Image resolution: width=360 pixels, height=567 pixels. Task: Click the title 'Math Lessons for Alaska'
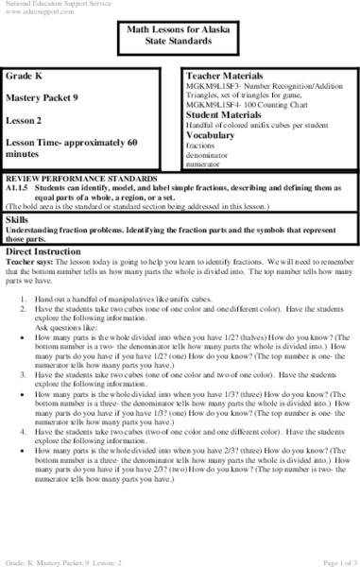[179, 31]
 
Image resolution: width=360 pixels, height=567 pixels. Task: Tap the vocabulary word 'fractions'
[203, 145]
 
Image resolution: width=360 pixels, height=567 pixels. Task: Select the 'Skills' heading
[16, 218]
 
